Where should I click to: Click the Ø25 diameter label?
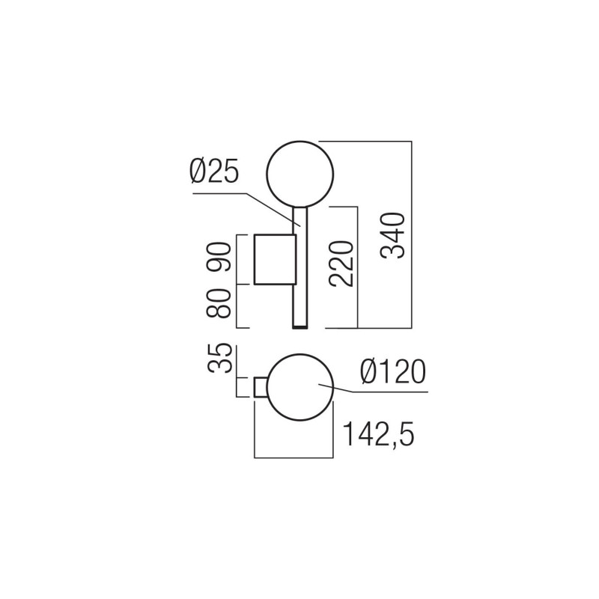click(x=213, y=173)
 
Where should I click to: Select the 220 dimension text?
click(x=341, y=264)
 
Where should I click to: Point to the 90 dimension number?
click(x=221, y=257)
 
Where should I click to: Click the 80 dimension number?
click(x=221, y=303)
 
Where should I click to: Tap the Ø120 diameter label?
click(x=392, y=372)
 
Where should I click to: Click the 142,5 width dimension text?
click(x=378, y=434)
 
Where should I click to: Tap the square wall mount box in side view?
click(x=276, y=259)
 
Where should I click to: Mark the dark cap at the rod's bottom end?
click(x=299, y=327)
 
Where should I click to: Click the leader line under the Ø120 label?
click(x=374, y=391)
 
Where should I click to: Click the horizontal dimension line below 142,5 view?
click(x=294, y=457)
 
